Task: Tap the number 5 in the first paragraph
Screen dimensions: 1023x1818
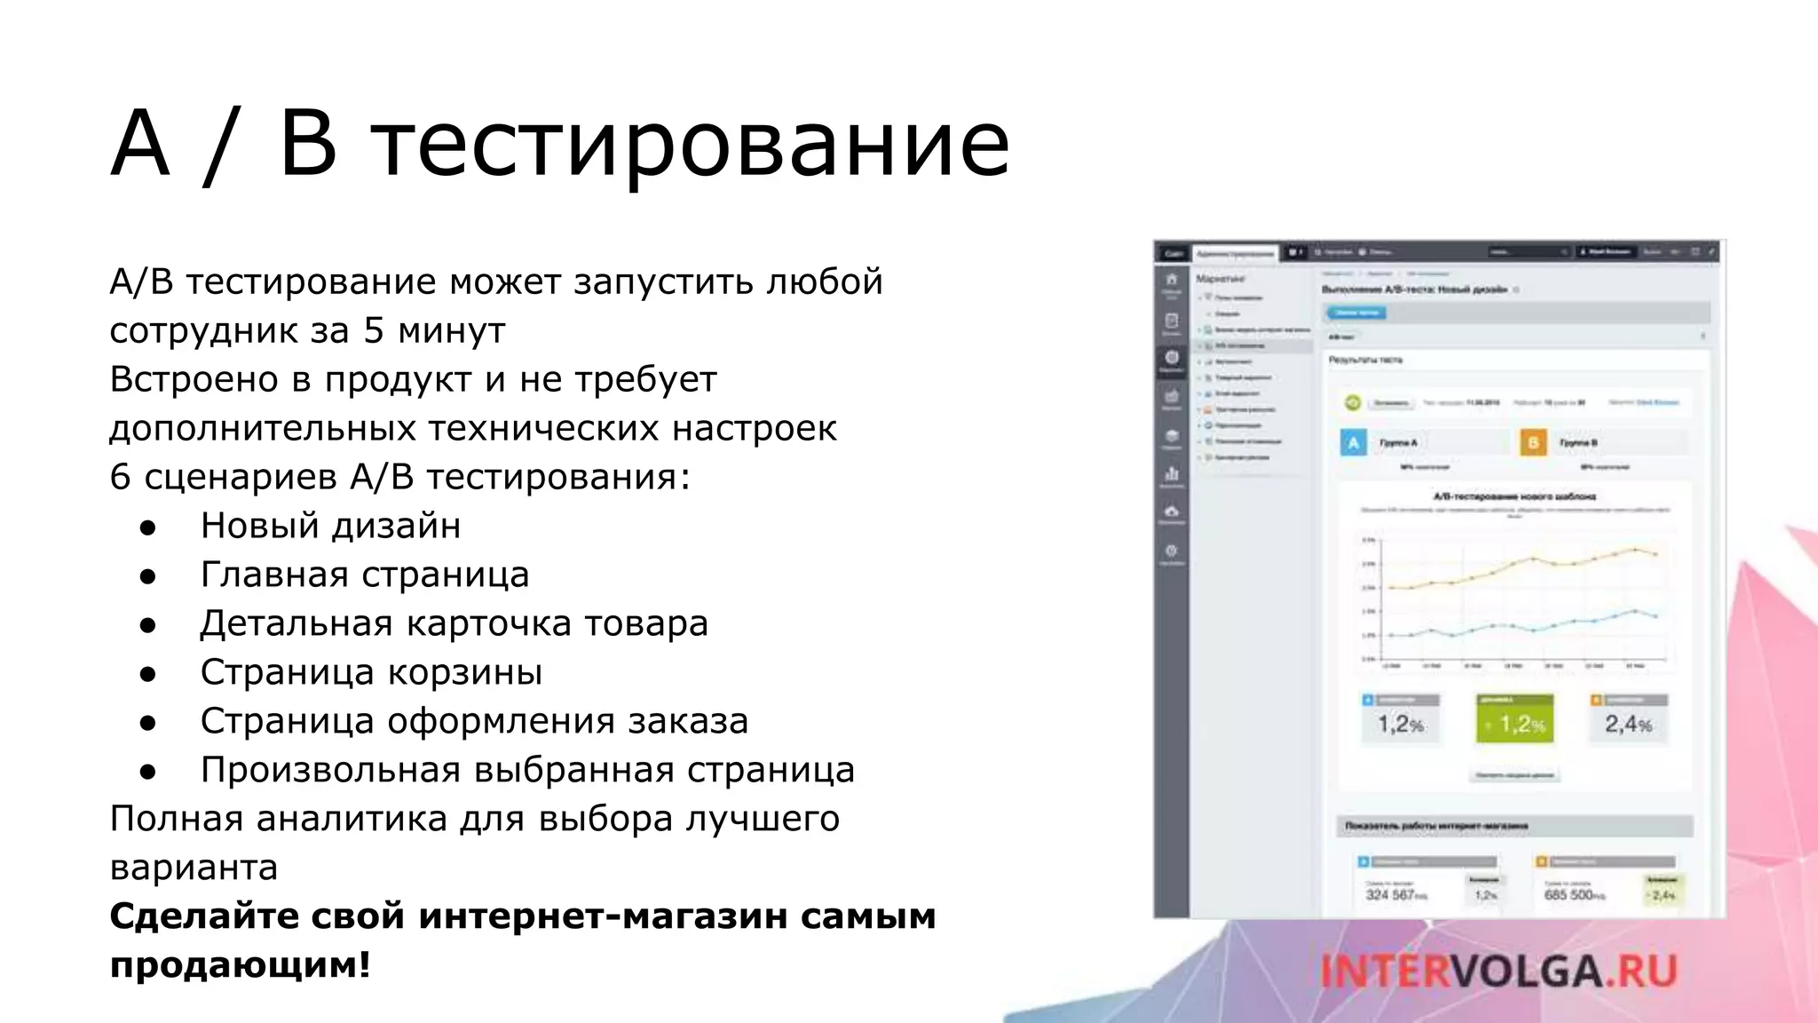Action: click(x=373, y=330)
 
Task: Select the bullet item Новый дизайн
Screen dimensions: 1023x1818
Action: click(x=330, y=526)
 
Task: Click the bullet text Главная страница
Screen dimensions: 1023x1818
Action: click(x=365, y=575)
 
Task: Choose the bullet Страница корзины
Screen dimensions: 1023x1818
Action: click(x=371, y=672)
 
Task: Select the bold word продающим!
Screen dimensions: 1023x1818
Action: click(x=240, y=964)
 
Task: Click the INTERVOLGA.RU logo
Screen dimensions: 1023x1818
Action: click(x=1498, y=971)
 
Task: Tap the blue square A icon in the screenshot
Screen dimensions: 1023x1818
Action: click(x=1353, y=442)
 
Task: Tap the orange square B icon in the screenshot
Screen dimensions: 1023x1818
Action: click(x=1533, y=442)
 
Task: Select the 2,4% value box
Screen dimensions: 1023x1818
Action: click(x=1628, y=723)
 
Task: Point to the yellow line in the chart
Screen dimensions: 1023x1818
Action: click(x=1533, y=559)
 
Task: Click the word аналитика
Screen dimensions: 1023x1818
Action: click(x=352, y=819)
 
